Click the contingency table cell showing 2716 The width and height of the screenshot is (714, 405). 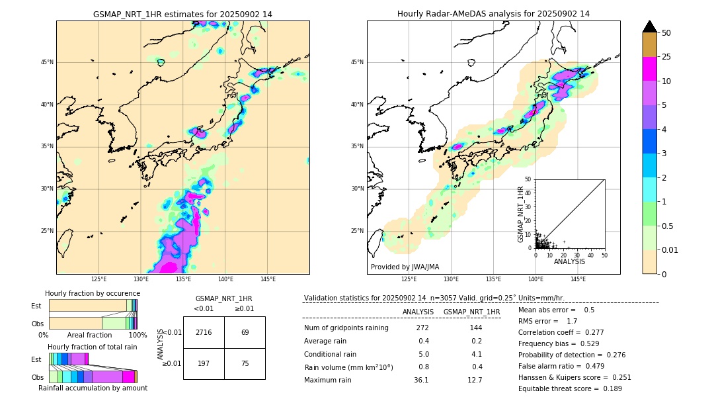204,332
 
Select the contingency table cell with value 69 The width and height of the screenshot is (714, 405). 245,332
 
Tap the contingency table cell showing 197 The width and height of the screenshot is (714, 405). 204,363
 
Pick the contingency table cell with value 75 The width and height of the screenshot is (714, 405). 245,363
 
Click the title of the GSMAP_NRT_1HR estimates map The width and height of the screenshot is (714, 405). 182,14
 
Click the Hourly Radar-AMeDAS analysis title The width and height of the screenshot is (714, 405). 493,14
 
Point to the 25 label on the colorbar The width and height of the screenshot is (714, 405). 666,57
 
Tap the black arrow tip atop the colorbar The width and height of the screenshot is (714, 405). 650,26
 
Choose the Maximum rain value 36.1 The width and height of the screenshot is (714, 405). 421,380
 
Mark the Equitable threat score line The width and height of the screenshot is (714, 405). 570,388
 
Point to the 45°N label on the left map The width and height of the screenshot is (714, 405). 47,62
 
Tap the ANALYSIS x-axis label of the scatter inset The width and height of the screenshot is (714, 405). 569,261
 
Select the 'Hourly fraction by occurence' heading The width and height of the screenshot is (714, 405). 93,293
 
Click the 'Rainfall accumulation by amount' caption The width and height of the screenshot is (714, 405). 93,388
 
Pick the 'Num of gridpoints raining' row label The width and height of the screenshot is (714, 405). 346,328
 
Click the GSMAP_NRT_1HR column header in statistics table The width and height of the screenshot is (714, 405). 471,312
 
